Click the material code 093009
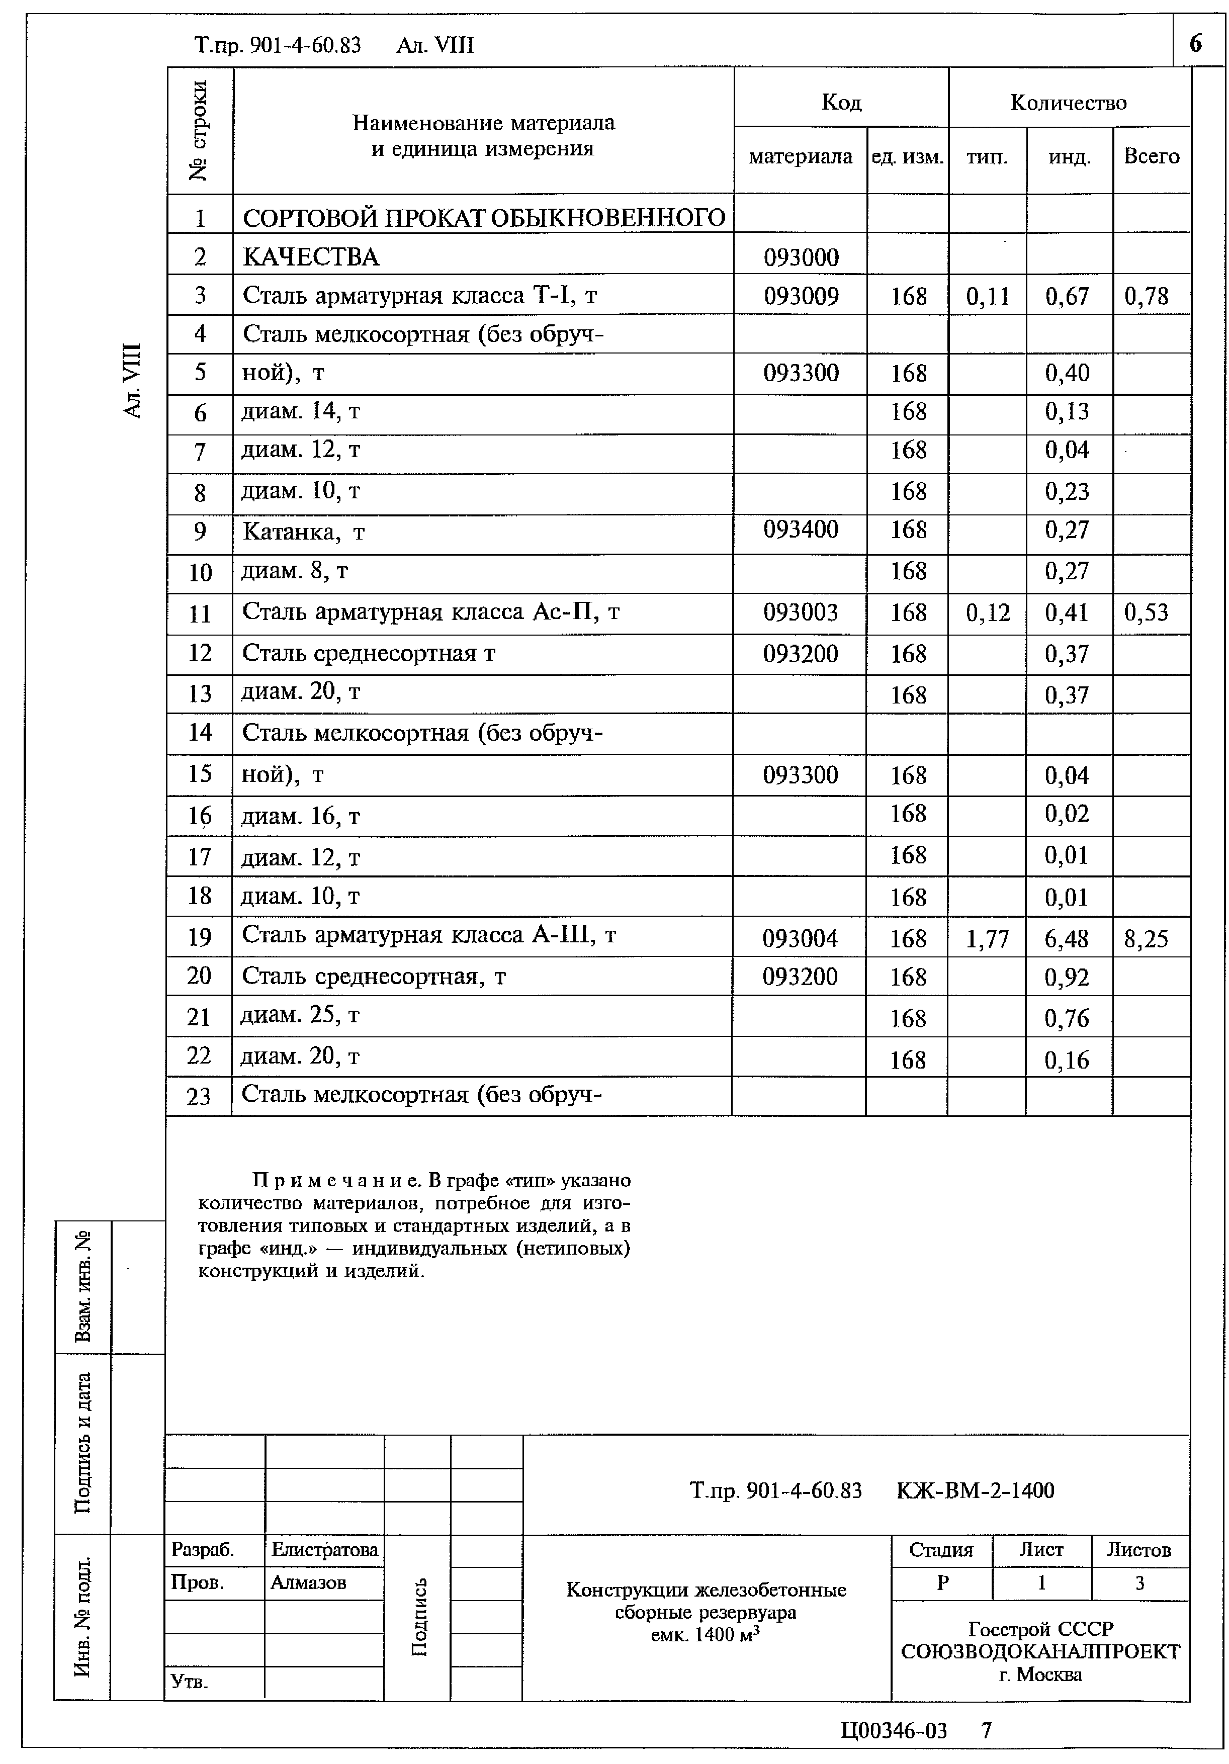point(801,296)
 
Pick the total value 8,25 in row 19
point(1146,938)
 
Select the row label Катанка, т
point(303,532)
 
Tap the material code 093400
point(801,530)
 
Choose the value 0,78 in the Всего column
point(1146,296)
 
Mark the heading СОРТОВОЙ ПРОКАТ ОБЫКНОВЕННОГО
point(483,218)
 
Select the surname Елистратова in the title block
point(324,1550)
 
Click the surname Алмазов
point(308,1582)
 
